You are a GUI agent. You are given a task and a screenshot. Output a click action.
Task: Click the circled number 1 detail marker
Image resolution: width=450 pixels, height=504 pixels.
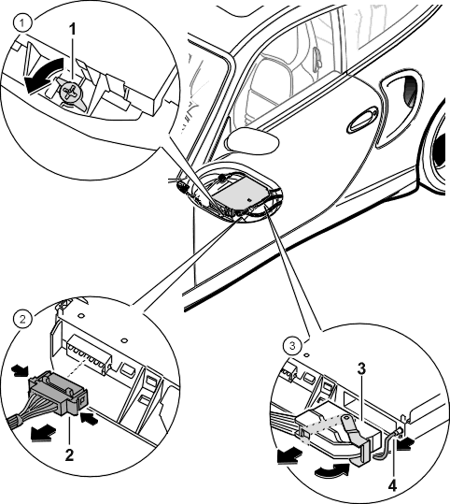(x=22, y=23)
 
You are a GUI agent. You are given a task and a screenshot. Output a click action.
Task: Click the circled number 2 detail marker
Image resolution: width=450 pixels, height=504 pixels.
(x=22, y=320)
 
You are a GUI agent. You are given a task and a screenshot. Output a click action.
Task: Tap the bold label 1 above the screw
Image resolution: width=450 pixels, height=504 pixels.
(x=73, y=29)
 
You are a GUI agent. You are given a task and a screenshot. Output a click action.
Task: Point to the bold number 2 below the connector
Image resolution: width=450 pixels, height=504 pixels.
(x=69, y=455)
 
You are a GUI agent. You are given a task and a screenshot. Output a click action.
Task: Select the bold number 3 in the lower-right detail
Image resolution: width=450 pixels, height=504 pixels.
(x=361, y=369)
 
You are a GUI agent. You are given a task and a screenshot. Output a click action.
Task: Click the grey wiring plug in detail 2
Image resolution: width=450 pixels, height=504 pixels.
(x=58, y=391)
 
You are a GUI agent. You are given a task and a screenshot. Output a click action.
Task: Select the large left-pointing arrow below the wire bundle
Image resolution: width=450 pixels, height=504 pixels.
(x=41, y=432)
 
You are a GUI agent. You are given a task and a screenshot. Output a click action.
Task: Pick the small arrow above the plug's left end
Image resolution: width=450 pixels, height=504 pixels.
(x=20, y=370)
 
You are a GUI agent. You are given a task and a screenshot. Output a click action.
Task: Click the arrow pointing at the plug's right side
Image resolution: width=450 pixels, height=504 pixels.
(x=89, y=419)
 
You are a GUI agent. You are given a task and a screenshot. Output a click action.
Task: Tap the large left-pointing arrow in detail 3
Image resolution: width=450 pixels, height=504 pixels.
(x=289, y=455)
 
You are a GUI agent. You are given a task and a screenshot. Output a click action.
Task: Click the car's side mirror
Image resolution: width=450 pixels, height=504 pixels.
(x=252, y=140)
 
